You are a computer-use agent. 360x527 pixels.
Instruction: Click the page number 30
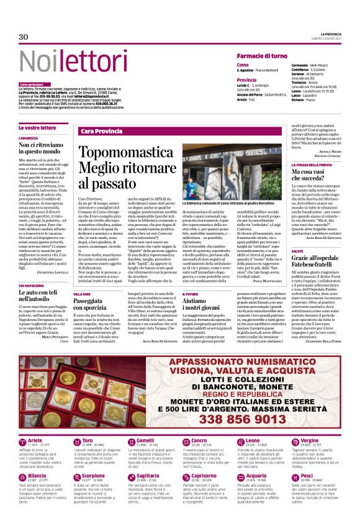[x=24, y=37]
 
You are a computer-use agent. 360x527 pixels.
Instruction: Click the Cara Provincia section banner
[x=101, y=132]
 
